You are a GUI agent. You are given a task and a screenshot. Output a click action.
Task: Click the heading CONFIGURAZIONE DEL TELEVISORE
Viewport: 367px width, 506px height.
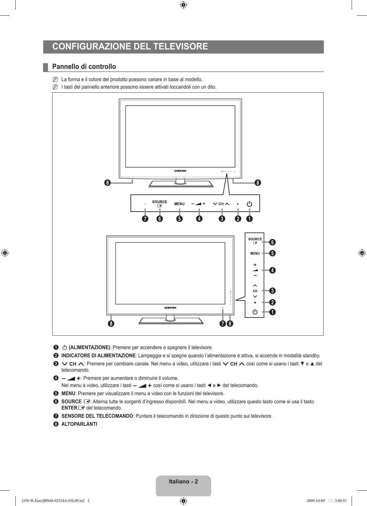(x=130, y=47)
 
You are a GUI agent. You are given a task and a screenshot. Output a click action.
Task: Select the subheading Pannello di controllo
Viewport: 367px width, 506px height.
(x=84, y=67)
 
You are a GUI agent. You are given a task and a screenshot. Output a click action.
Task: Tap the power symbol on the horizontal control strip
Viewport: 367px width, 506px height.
(x=249, y=204)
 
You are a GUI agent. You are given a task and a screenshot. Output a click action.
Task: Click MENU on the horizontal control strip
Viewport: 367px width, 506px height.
(x=179, y=204)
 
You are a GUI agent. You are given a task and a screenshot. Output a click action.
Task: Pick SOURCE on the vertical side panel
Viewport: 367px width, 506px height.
(x=255, y=239)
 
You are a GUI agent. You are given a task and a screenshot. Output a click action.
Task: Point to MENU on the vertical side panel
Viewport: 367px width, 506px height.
(x=255, y=253)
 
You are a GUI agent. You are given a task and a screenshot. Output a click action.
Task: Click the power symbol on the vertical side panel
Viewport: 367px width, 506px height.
(x=255, y=312)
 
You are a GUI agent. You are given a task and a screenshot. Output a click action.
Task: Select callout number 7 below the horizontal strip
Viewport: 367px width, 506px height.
(x=145, y=219)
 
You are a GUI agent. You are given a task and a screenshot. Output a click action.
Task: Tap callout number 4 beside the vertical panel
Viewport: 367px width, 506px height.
(x=273, y=270)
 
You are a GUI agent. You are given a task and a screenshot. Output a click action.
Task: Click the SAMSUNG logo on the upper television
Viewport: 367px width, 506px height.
(x=180, y=171)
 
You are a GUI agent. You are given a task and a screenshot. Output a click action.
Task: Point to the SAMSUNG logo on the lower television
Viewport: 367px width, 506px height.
(x=170, y=308)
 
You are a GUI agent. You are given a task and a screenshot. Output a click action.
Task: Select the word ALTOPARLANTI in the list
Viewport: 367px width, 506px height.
(x=79, y=424)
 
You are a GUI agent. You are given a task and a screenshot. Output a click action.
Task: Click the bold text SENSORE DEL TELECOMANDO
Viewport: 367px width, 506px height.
(x=97, y=416)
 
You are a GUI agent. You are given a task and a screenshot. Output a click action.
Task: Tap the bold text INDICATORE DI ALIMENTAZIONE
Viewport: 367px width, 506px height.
(x=98, y=356)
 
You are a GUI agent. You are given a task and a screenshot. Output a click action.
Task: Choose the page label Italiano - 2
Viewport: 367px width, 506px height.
(x=183, y=482)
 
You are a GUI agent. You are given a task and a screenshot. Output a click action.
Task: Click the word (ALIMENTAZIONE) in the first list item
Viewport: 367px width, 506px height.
(x=89, y=348)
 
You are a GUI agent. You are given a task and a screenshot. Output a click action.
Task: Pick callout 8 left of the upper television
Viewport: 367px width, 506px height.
(x=108, y=183)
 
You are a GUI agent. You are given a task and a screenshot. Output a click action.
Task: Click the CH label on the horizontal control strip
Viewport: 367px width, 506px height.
(x=221, y=204)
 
